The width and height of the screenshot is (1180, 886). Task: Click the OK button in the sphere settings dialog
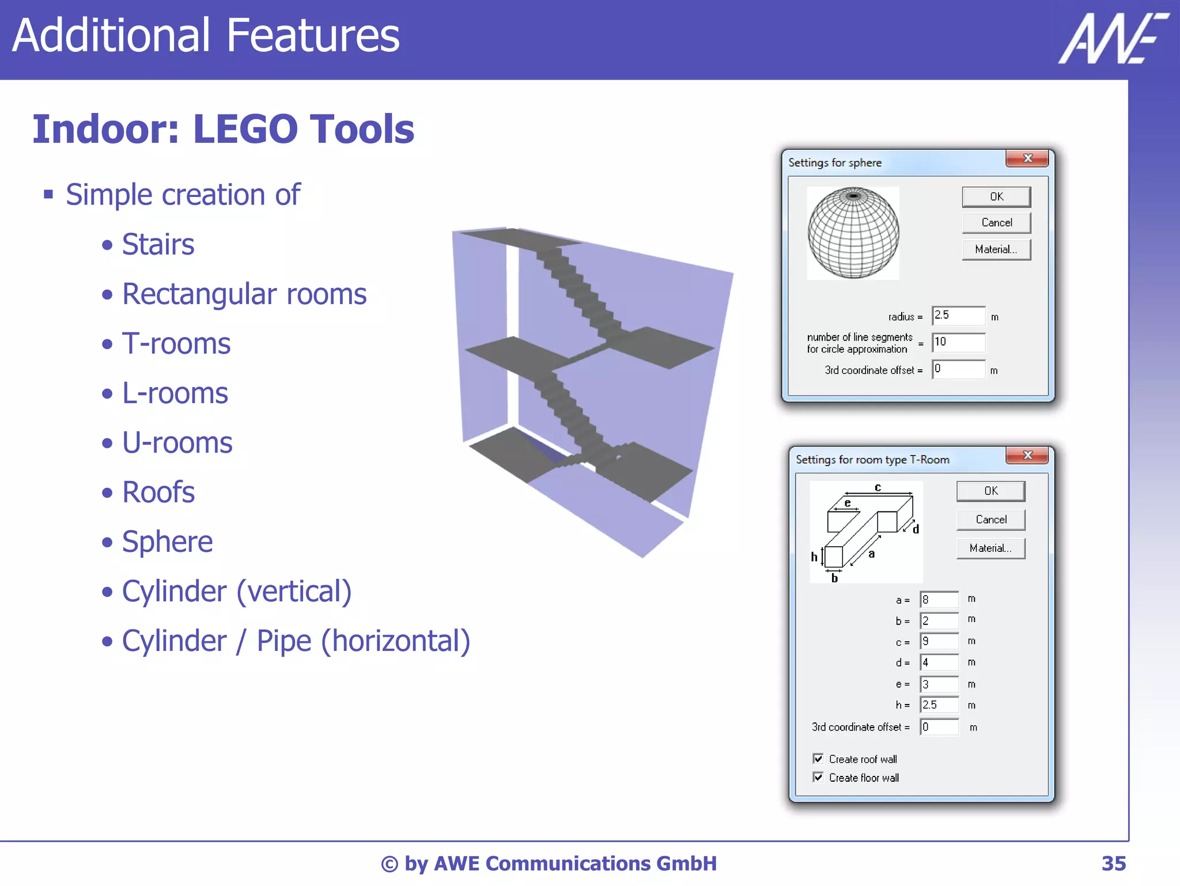(996, 197)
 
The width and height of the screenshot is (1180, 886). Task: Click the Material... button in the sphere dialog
(996, 249)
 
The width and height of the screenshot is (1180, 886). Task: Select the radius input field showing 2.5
(958, 316)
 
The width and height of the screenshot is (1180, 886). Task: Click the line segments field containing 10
(958, 342)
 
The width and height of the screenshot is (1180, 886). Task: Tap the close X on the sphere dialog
(1027, 158)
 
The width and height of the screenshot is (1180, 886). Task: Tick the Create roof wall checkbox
(818, 759)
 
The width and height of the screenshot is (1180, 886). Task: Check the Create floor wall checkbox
(818, 777)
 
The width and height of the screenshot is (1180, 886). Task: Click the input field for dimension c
(939, 641)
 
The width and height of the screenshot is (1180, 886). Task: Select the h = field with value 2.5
(939, 705)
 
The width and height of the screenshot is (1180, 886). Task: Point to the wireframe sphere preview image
(853, 233)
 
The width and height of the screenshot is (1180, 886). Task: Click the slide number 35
(1113, 864)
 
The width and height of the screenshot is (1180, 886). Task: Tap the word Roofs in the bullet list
(158, 493)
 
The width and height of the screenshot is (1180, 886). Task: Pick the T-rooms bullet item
(176, 344)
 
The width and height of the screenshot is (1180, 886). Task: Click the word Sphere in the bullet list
(167, 542)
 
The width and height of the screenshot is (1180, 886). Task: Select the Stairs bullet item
(158, 245)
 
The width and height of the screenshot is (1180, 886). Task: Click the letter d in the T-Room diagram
(916, 529)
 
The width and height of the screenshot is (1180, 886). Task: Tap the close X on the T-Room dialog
(1027, 456)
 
